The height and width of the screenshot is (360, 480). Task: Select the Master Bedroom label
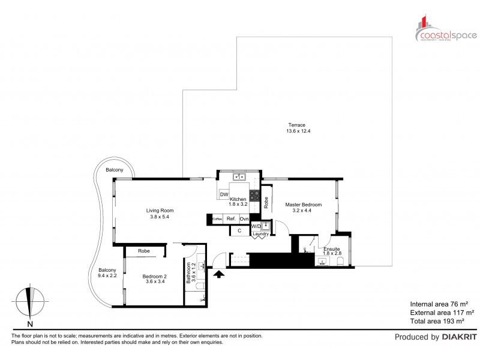[302, 205]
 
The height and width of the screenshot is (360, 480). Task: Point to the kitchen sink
[239, 177]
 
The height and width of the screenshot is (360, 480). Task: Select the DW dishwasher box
[224, 194]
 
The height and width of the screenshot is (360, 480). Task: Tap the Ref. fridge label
[231, 220]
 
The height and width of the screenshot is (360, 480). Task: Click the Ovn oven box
[245, 220]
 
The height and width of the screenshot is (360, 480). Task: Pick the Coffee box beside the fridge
[218, 220]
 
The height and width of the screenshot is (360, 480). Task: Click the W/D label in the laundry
[256, 226]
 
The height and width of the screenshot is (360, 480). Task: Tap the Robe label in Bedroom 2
[143, 251]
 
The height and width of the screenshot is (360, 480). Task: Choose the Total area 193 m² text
[442, 322]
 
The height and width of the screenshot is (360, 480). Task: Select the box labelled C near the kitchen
[239, 230]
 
